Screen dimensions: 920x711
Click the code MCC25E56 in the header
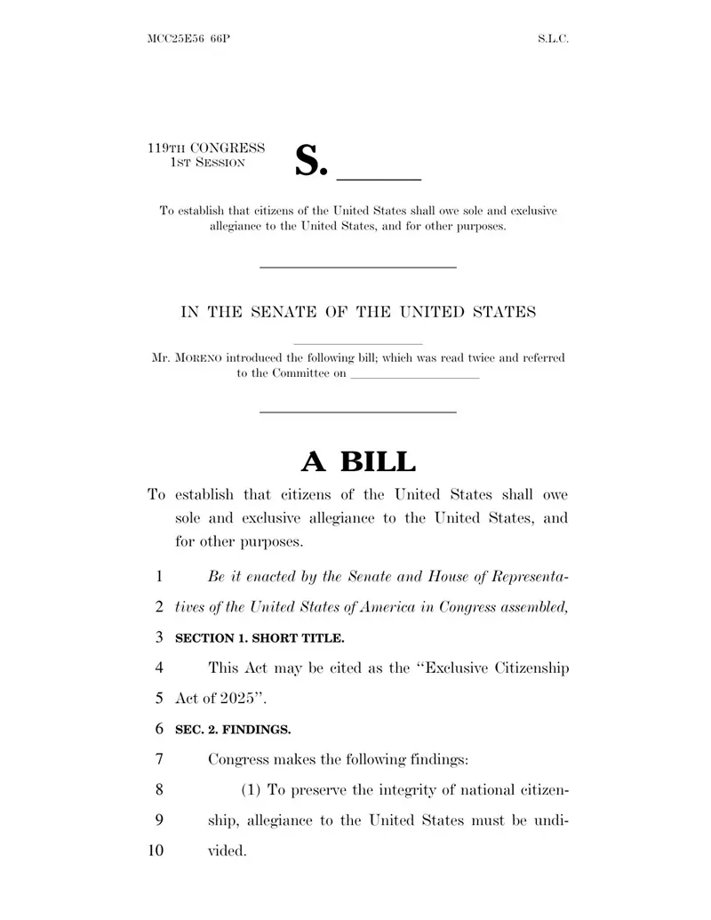point(173,40)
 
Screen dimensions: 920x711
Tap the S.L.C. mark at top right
point(553,40)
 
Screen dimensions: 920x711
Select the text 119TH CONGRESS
point(206,148)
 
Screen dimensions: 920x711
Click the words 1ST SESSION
point(207,163)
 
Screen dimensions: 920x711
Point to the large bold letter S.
point(306,159)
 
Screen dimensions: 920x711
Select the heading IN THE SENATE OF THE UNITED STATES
point(358,312)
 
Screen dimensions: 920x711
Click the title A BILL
point(358,461)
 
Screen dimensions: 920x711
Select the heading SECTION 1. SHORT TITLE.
point(260,637)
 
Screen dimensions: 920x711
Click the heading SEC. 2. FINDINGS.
point(233,729)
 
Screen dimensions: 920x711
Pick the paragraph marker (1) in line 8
point(252,790)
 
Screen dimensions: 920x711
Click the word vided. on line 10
point(227,851)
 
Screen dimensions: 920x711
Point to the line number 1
point(159,576)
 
